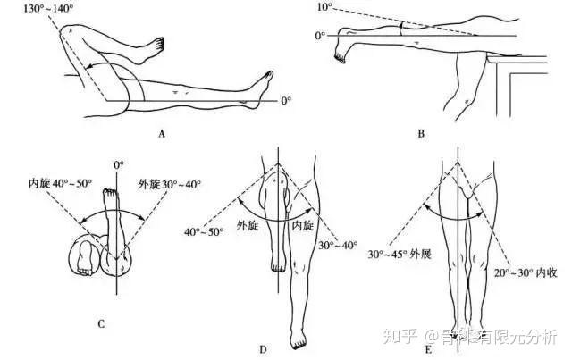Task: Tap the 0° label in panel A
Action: pos(286,102)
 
